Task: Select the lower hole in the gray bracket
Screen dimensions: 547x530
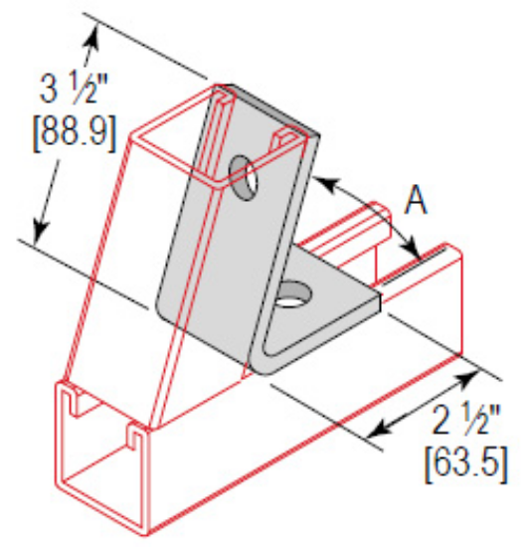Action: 292,293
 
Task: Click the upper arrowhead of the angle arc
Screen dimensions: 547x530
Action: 324,183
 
